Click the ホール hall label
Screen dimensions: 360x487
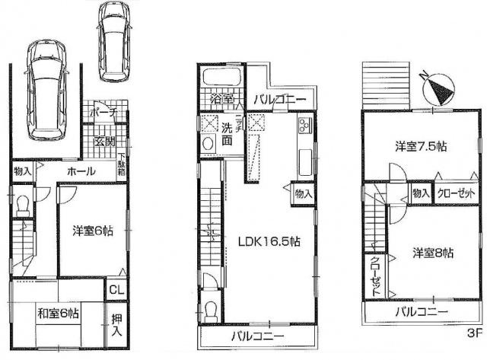coord(80,171)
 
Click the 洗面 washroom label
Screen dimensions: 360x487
coord(227,135)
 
